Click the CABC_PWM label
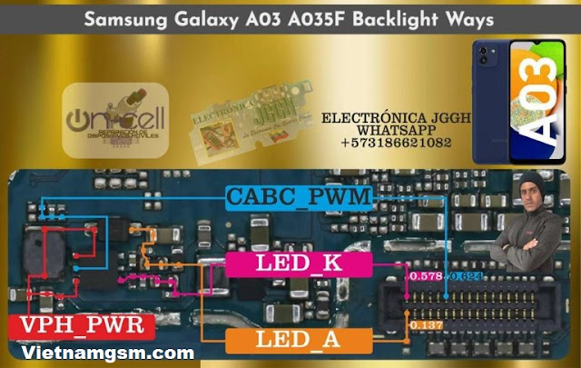[x=300, y=197]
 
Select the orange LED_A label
[x=299, y=343]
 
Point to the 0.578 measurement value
[x=425, y=274]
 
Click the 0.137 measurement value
[x=425, y=323]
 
